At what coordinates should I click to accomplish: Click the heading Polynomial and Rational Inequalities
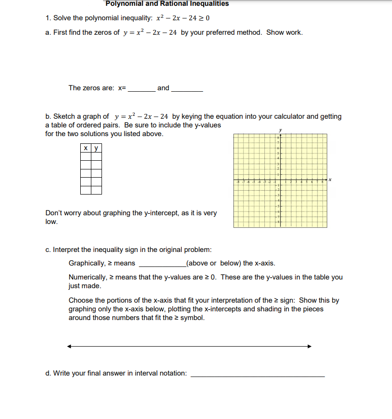pyautogui.click(x=167, y=4)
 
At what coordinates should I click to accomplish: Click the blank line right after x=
pyautogui.click(x=141, y=88)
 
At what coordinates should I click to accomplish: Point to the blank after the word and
pyautogui.click(x=187, y=88)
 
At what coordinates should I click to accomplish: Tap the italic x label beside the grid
pyautogui.click(x=331, y=180)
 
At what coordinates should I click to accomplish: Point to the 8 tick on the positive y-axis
pyautogui.click(x=278, y=139)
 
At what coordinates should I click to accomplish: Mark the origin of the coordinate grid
pyautogui.click(x=280, y=180)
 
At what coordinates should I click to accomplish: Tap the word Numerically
pyautogui.click(x=87, y=277)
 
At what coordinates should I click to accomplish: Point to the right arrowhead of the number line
pyautogui.click(x=309, y=346)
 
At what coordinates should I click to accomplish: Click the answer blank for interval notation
pyautogui.click(x=258, y=374)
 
